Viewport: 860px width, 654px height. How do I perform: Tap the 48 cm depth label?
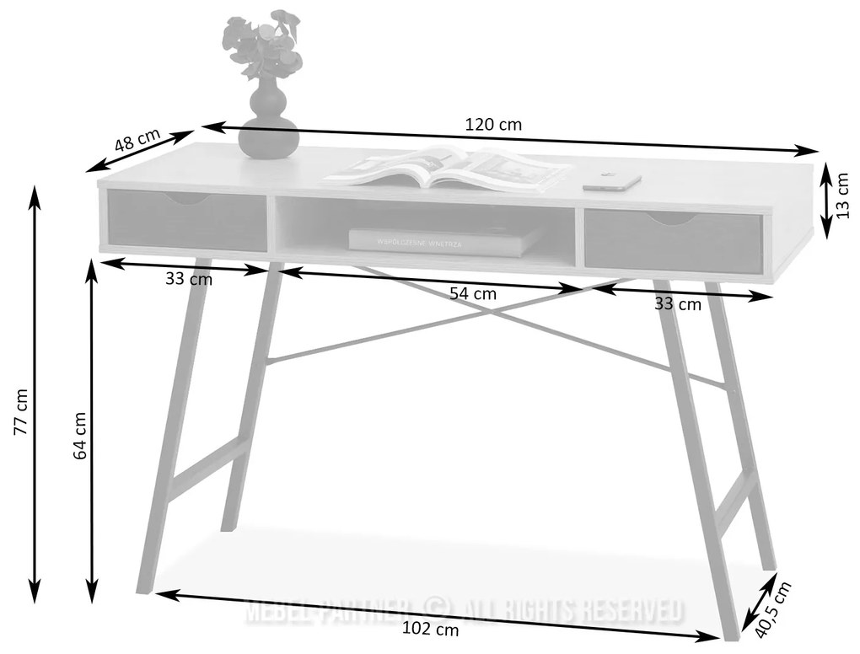(x=137, y=140)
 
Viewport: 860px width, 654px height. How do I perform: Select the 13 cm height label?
(x=843, y=196)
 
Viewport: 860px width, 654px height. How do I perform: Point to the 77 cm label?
(x=22, y=412)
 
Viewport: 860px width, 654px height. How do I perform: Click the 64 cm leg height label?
(x=80, y=435)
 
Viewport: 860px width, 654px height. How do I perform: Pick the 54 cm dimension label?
(x=472, y=294)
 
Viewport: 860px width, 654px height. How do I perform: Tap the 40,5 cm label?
(x=773, y=609)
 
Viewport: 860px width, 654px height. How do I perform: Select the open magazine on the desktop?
(x=447, y=169)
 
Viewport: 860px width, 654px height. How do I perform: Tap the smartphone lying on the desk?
(x=611, y=181)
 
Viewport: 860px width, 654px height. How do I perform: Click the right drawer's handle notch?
(x=672, y=219)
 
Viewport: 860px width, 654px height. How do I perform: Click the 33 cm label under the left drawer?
(x=189, y=279)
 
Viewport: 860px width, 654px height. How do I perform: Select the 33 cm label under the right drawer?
(x=677, y=304)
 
